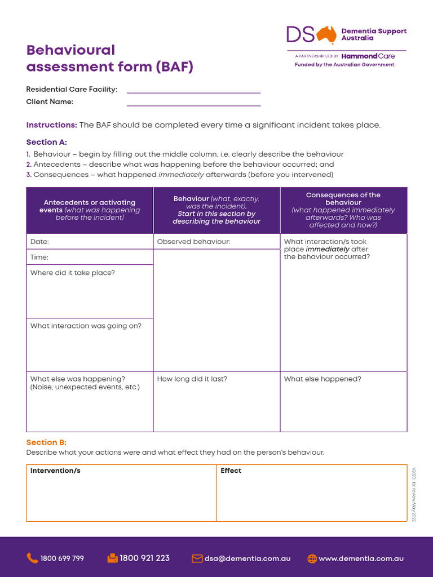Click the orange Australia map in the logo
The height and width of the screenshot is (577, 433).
pyautogui.click(x=326, y=35)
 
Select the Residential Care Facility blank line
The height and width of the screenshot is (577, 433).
pyautogui.click(x=193, y=90)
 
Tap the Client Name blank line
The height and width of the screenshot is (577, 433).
pyautogui.click(x=193, y=103)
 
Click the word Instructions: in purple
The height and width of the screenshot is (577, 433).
pyautogui.click(x=51, y=125)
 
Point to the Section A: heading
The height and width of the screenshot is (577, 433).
pyautogui.click(x=46, y=142)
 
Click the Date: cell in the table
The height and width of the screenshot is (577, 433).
pyautogui.click(x=39, y=242)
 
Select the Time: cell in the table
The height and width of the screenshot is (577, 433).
pyautogui.click(x=39, y=258)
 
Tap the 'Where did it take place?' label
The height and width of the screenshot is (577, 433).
pyautogui.click(x=72, y=273)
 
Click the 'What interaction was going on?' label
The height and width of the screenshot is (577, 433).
pyautogui.click(x=86, y=326)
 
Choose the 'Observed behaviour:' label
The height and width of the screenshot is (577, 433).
pyautogui.click(x=193, y=242)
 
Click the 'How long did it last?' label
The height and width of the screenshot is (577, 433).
pyautogui.click(x=192, y=379)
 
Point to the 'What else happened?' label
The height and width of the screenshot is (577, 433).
pyautogui.click(x=322, y=379)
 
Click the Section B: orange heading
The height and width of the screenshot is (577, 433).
pyautogui.click(x=46, y=442)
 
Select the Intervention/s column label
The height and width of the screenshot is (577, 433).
pyautogui.click(x=55, y=471)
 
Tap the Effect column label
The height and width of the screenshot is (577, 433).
pyautogui.click(x=231, y=471)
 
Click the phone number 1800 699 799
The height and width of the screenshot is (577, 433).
pyautogui.click(x=62, y=558)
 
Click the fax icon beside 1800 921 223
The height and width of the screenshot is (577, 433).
pyautogui.click(x=112, y=558)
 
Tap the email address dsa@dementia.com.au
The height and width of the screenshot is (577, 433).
pyautogui.click(x=248, y=558)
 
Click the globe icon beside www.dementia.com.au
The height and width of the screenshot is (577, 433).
pyautogui.click(x=312, y=558)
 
